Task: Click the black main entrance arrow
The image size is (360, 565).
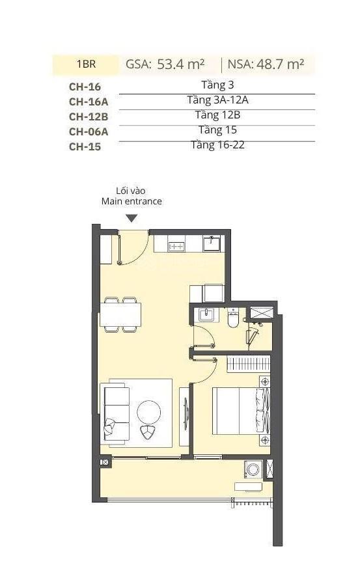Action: [x=132, y=219]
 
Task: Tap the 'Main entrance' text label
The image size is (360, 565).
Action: [x=132, y=201]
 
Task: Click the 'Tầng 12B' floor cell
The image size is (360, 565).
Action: [x=217, y=115]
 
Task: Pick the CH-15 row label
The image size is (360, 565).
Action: [x=85, y=146]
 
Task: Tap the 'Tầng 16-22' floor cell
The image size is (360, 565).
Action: [x=217, y=145]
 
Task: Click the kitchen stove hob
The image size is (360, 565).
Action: [x=176, y=246]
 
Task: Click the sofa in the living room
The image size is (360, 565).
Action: [x=116, y=410]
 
